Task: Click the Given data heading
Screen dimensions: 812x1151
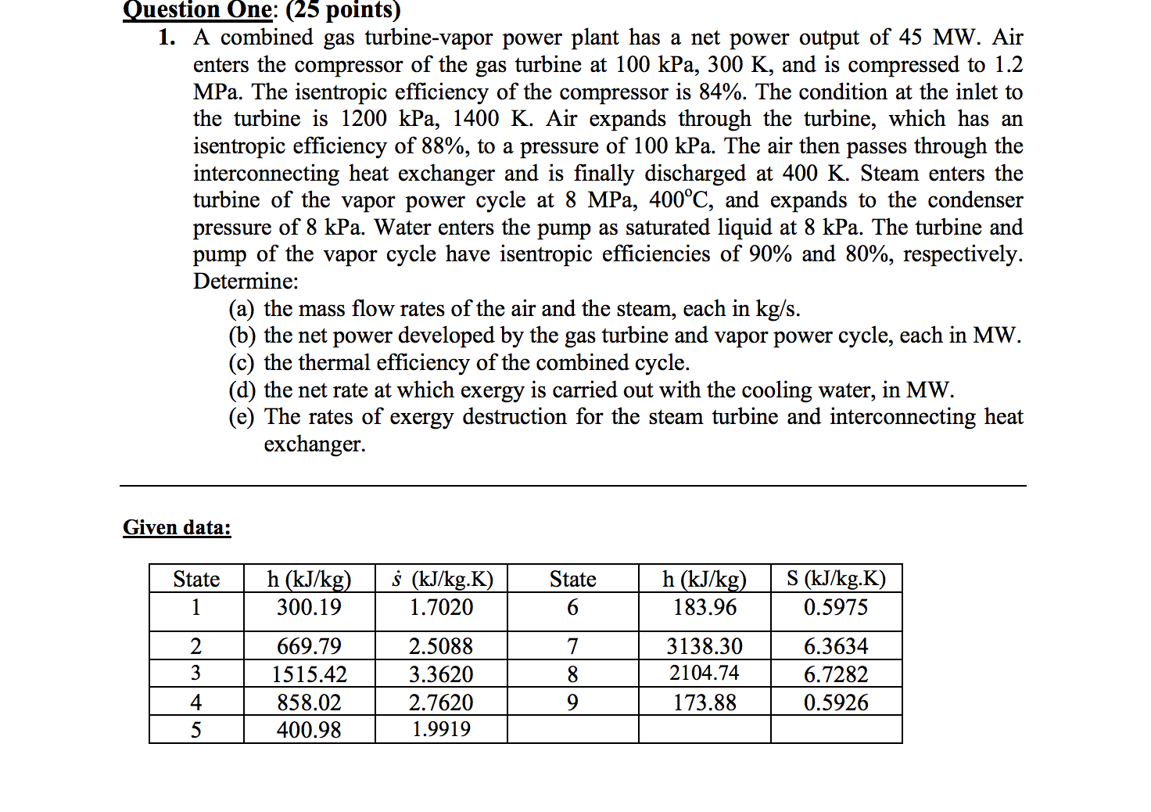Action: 177,527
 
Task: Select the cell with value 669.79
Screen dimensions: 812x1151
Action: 309,646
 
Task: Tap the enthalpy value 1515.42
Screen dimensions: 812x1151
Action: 309,674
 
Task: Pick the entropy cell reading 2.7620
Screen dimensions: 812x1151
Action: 441,702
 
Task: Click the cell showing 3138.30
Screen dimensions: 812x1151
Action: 704,646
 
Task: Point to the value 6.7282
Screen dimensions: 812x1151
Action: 835,674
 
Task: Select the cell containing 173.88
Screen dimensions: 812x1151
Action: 704,702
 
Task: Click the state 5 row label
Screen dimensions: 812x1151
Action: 195,730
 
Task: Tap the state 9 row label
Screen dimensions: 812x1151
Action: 572,702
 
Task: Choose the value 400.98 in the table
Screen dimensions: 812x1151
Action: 309,730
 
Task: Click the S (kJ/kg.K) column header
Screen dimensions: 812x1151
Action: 835,579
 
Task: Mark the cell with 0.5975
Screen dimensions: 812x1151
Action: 835,607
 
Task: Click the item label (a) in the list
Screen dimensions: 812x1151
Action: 242,309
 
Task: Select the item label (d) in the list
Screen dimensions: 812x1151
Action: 242,390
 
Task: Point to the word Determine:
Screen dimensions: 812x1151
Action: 246,282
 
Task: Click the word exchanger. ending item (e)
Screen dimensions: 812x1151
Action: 314,444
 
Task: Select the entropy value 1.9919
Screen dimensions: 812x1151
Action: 441,729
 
